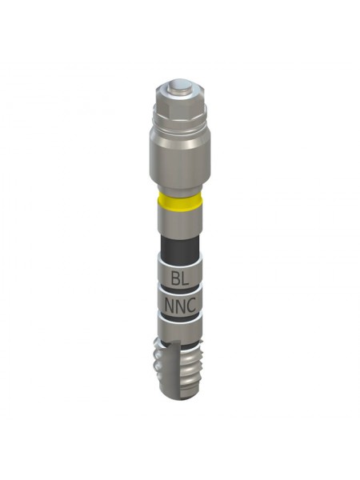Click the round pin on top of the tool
(x=180, y=87)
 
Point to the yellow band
(x=180, y=202)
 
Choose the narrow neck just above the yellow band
(x=180, y=189)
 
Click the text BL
(x=180, y=279)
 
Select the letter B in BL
(x=175, y=279)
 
